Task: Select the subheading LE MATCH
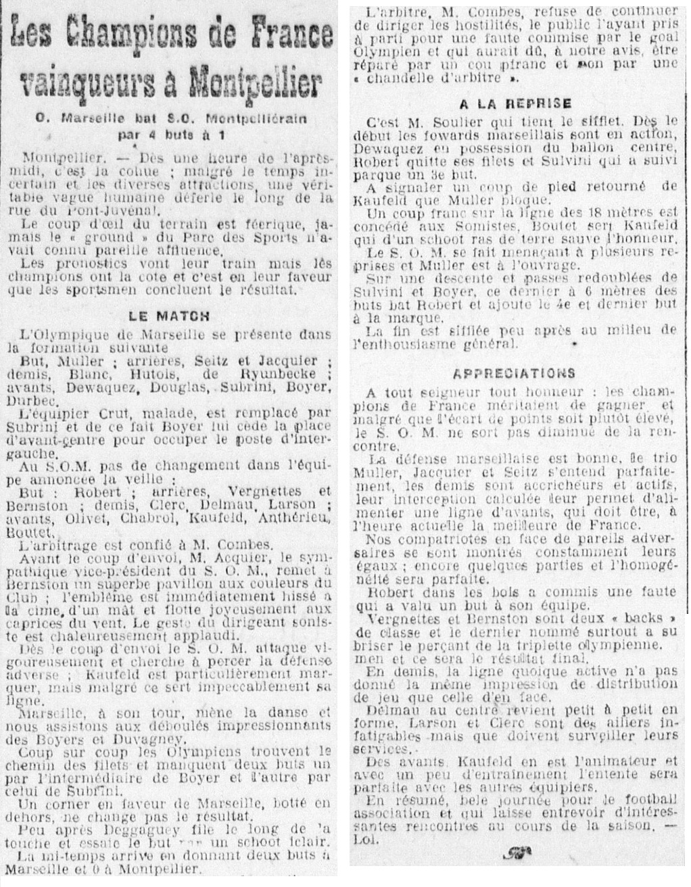[x=170, y=315]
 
